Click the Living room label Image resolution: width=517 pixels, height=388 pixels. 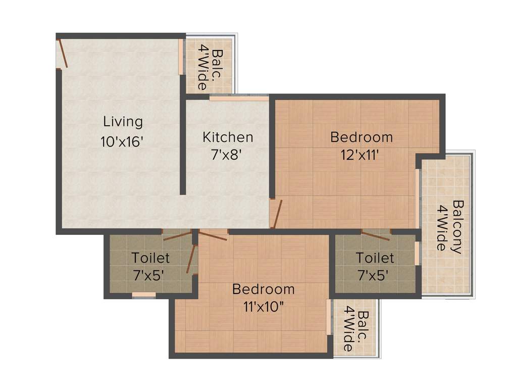[x=123, y=122]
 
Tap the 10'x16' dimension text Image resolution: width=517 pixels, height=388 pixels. [x=123, y=142]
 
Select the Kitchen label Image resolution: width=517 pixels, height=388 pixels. [x=228, y=137]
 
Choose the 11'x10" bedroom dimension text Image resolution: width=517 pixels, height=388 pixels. [x=263, y=307]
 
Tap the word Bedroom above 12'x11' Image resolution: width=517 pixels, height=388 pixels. [x=361, y=137]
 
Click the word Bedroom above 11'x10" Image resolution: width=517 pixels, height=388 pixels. [x=263, y=289]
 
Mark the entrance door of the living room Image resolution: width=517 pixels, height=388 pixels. [x=62, y=53]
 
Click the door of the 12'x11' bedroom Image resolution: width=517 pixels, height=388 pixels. [x=276, y=214]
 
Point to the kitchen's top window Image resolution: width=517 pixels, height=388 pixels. [x=238, y=98]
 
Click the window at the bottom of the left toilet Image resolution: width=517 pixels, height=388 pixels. [x=144, y=295]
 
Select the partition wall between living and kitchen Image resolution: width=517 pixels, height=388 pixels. [x=183, y=147]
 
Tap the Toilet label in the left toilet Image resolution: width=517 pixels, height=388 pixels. [x=150, y=258]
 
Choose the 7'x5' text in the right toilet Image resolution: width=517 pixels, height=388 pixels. [x=375, y=275]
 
